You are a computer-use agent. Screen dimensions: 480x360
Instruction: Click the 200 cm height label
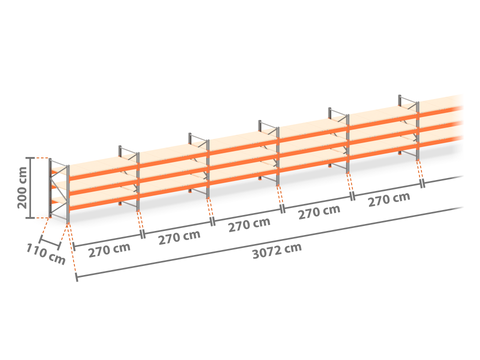22,188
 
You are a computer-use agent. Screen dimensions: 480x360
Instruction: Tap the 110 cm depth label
46,254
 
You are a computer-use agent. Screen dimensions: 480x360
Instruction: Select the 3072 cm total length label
277,251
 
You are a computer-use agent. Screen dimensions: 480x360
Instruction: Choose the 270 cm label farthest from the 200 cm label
389,199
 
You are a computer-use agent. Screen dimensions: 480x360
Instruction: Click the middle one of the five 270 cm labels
249,225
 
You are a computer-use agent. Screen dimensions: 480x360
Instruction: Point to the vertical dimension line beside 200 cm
31,188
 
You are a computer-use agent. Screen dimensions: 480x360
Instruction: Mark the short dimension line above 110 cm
50,243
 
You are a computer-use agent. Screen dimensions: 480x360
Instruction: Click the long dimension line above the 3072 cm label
269,242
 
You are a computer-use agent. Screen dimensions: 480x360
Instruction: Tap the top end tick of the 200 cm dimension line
31,158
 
